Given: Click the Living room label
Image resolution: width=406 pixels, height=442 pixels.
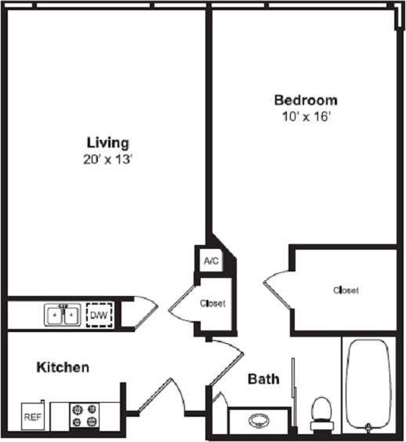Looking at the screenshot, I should (107, 143).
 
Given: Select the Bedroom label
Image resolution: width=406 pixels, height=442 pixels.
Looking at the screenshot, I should (305, 100).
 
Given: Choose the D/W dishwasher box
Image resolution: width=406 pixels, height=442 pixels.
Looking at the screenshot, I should (99, 316).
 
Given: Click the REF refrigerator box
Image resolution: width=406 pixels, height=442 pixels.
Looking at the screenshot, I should (33, 417).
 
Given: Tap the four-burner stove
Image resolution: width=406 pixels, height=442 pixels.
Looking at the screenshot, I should (85, 415).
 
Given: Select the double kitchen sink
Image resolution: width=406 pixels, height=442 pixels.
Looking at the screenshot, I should (61, 316).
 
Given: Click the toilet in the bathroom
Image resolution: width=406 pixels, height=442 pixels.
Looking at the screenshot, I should (321, 412).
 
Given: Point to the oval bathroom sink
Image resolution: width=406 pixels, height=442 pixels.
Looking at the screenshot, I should (259, 420).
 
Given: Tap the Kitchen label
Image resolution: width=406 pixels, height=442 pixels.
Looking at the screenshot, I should (62, 367).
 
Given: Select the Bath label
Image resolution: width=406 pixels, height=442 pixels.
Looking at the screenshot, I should (263, 379).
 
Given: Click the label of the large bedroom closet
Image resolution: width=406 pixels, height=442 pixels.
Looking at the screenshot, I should (346, 290).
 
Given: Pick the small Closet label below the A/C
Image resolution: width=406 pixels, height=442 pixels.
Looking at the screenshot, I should (212, 304).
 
